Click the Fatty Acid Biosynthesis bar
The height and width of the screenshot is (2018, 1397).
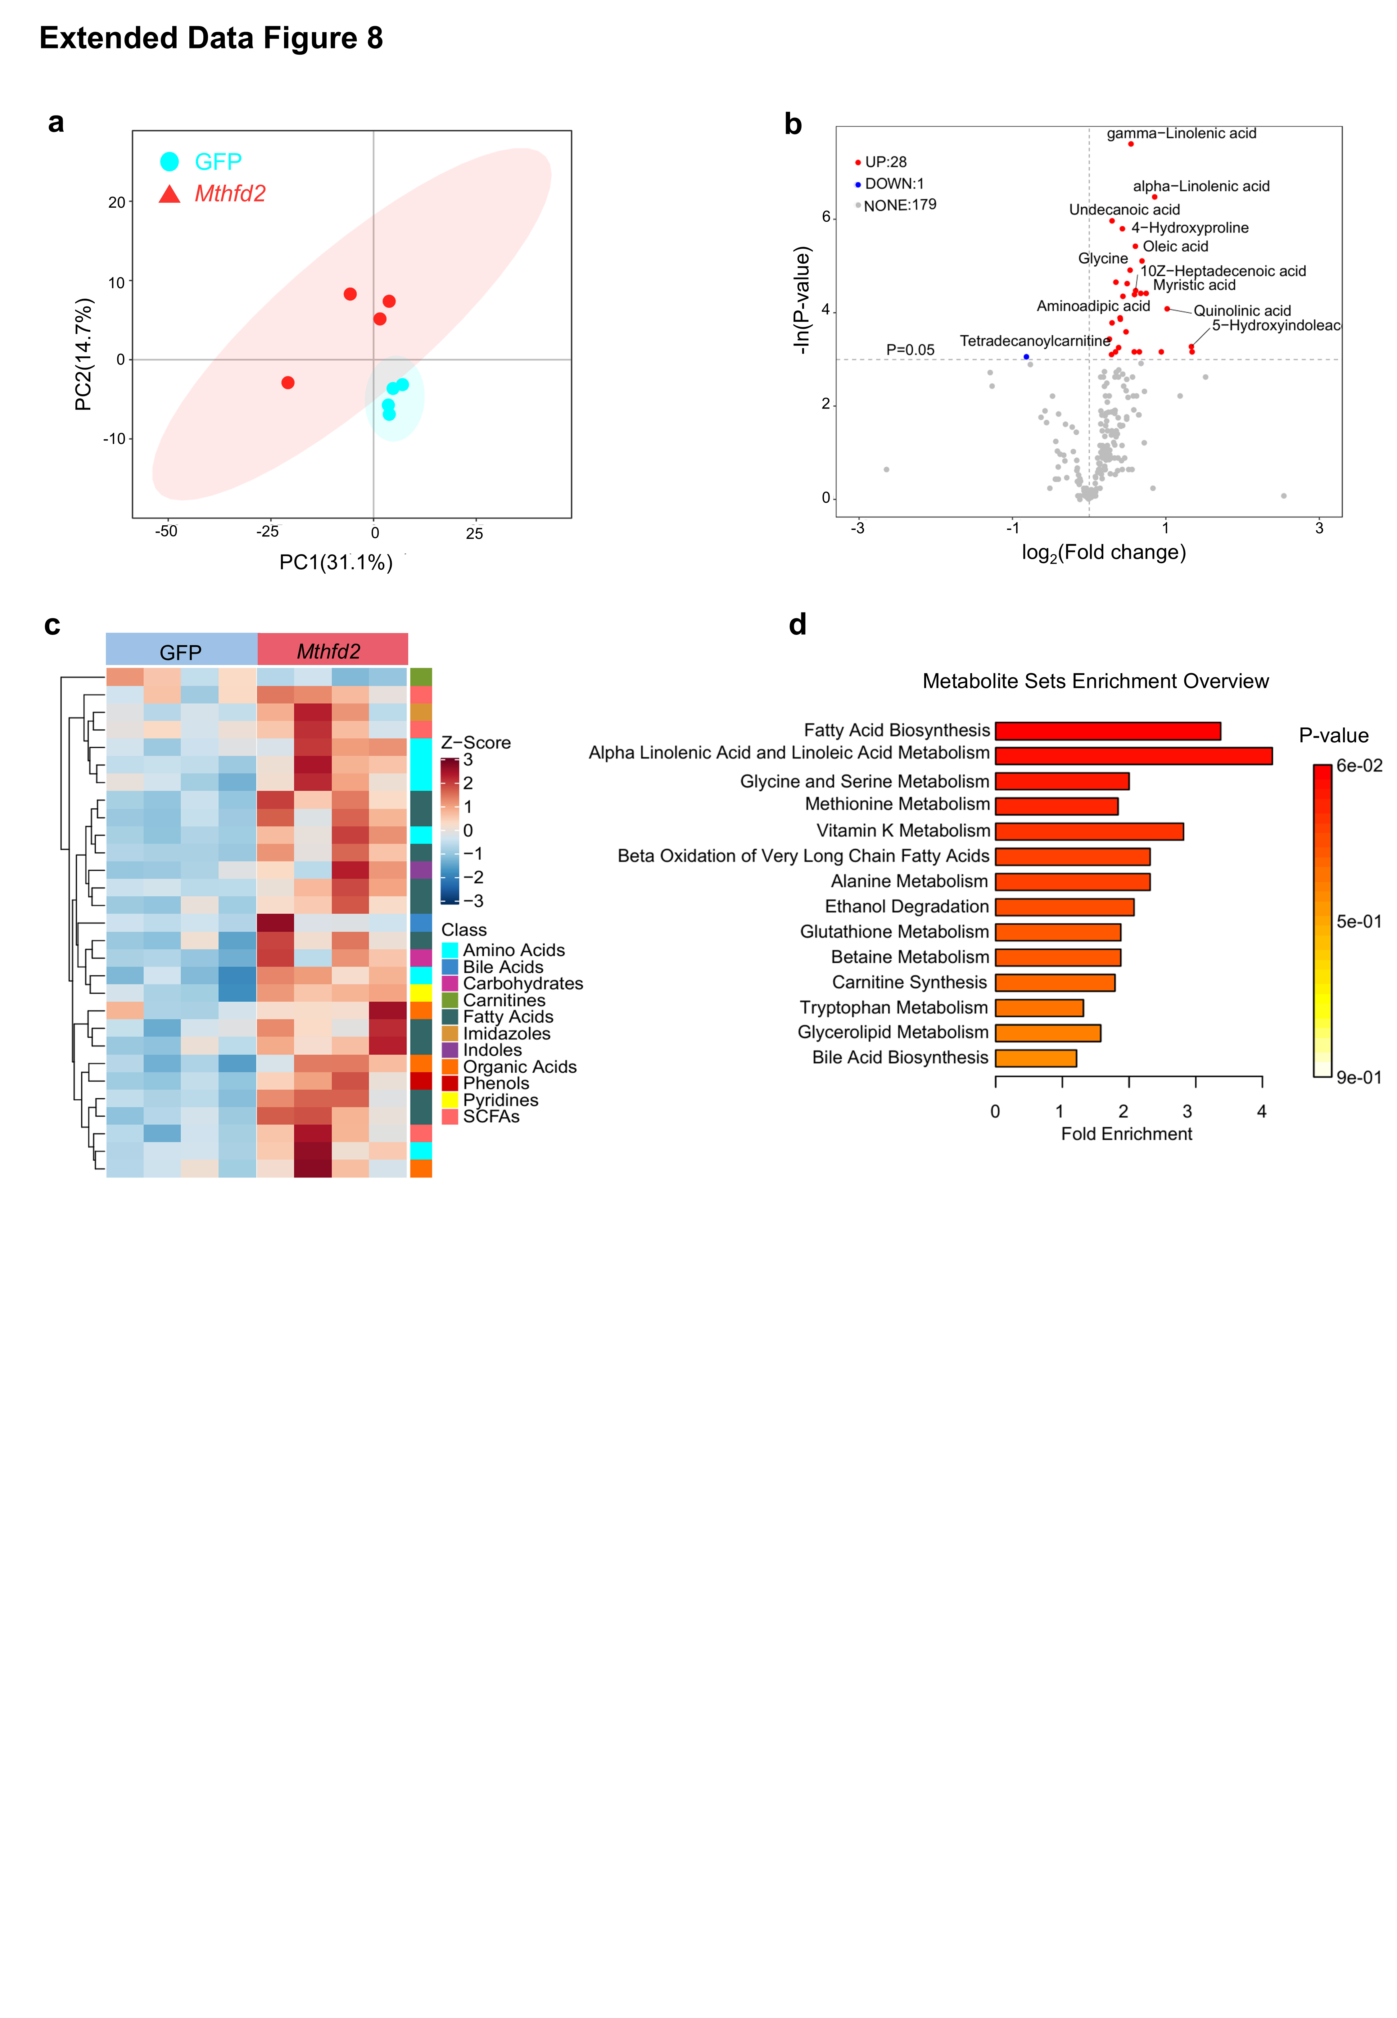click(1107, 731)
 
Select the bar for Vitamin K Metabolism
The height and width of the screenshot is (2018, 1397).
click(1089, 831)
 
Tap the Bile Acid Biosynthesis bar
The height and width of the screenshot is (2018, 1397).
click(1036, 1058)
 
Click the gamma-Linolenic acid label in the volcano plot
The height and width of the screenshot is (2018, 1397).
click(1181, 133)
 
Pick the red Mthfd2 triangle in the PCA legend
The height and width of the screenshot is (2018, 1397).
click(170, 194)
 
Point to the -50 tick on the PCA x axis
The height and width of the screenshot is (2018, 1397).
click(166, 531)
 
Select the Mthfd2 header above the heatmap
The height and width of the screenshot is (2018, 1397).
click(329, 652)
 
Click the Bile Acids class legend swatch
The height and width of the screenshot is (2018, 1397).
click(450, 967)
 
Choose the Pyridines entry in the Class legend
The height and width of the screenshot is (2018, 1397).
click(501, 1100)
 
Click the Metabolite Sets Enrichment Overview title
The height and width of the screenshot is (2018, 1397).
click(1095, 682)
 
